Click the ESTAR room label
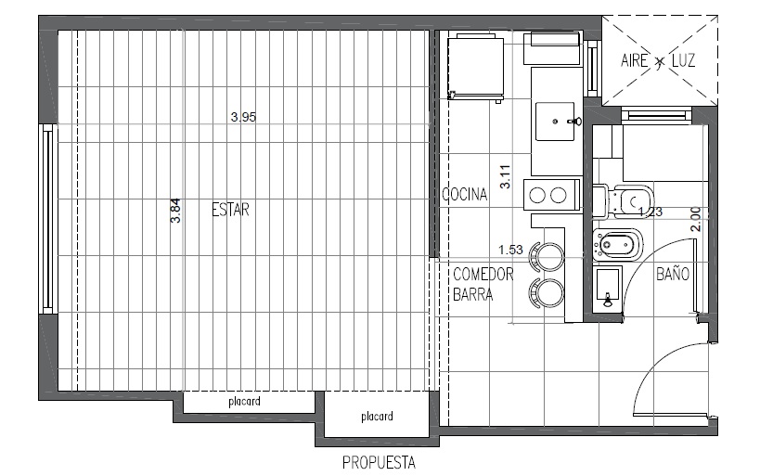coord(231,210)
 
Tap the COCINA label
coord(464,194)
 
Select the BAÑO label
coord(673,274)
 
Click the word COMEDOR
coord(483,275)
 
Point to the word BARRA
coord(473,294)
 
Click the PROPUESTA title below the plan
coord(379,462)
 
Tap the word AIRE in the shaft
coord(635,60)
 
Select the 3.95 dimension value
coord(243,117)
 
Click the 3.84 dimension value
coord(176,211)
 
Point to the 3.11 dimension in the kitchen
coord(505,177)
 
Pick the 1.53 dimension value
coord(511,250)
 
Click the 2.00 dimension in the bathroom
coord(696,219)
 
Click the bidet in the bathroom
coord(617,244)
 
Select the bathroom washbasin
coord(607,289)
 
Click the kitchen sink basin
coord(555,122)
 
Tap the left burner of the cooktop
coord(537,196)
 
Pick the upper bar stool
coord(547,255)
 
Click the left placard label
coord(244,402)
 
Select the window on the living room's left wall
coord(47,219)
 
